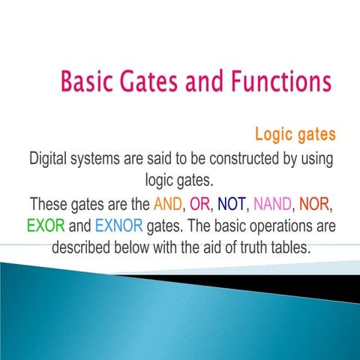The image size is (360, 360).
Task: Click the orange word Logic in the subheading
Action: click(x=274, y=136)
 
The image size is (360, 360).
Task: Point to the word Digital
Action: click(x=51, y=160)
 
